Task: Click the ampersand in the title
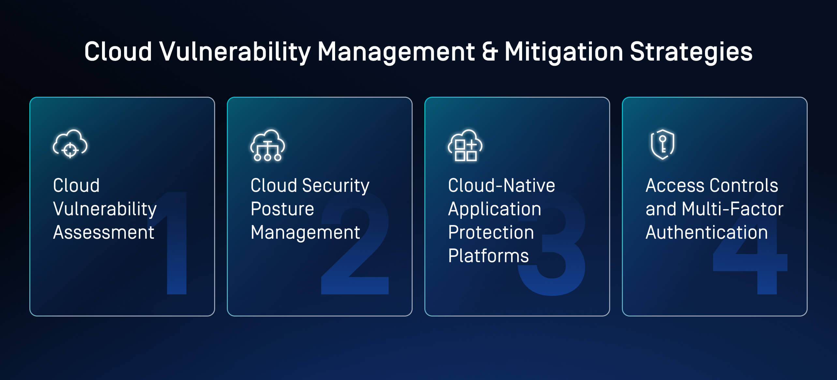point(490,52)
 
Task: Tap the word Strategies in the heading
point(691,52)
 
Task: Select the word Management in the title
point(396,52)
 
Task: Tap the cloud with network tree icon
point(268,146)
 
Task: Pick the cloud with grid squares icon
point(465,146)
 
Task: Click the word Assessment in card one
point(104,232)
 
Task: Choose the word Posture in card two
point(282,209)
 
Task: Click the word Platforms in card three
point(488,256)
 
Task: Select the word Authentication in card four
point(707,232)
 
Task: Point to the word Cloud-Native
point(501,186)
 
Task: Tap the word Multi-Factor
point(732,209)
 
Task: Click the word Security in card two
point(336,186)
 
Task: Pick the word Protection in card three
point(491,232)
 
